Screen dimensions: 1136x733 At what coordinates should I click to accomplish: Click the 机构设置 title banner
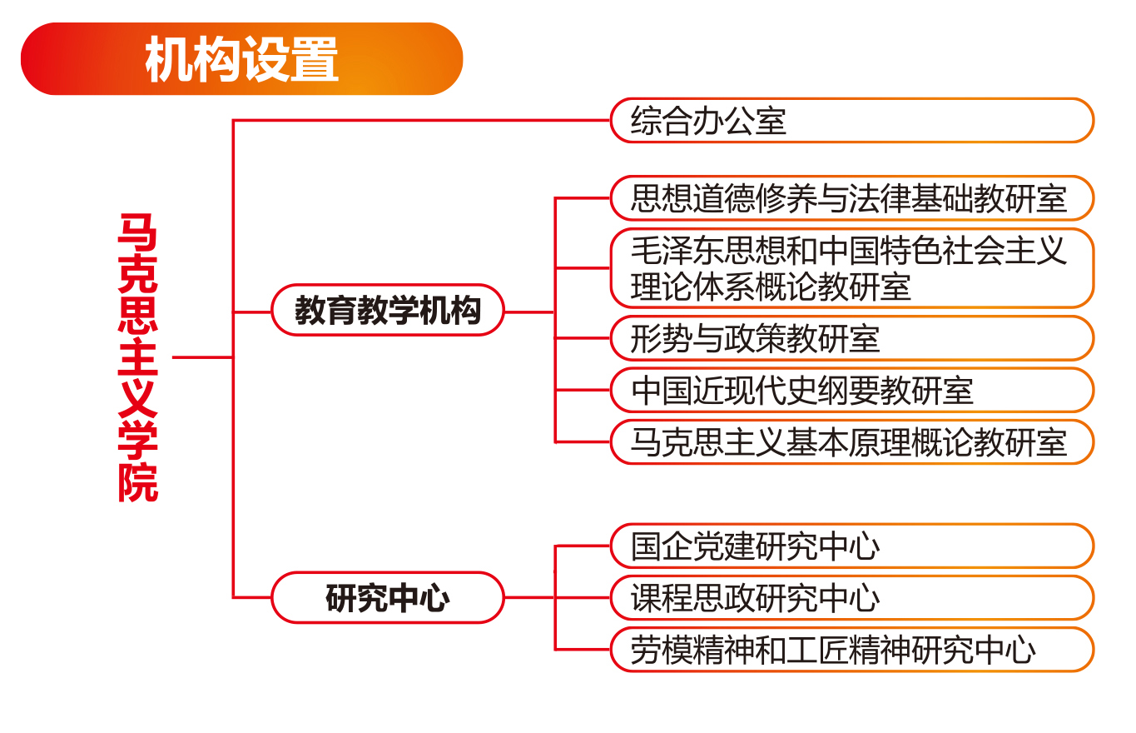tap(241, 59)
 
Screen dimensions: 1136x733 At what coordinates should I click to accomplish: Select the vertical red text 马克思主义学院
tap(138, 357)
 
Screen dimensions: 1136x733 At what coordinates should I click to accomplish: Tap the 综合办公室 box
tap(852, 121)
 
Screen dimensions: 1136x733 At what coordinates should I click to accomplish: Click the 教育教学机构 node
tap(388, 310)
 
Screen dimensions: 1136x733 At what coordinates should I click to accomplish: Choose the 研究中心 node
tap(388, 598)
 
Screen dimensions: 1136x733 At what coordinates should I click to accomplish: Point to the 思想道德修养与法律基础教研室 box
tap(852, 198)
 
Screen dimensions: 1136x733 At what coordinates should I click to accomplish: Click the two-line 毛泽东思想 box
tap(852, 268)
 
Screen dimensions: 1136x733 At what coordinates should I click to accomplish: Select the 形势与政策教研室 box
tap(852, 338)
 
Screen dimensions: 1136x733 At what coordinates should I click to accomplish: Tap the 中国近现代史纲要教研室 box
tap(852, 391)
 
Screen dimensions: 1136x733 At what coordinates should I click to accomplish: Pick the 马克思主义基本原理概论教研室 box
tap(852, 442)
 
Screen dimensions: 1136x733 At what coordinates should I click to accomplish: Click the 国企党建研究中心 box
tap(852, 546)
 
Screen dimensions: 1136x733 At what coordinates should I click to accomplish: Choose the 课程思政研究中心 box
tap(852, 598)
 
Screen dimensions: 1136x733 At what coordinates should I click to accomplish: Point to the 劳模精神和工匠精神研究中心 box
tap(852, 650)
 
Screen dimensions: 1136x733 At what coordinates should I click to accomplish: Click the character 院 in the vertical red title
tap(138, 483)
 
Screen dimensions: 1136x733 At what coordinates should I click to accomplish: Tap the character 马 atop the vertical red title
tap(137, 232)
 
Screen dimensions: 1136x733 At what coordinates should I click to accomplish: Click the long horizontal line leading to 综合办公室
tap(421, 121)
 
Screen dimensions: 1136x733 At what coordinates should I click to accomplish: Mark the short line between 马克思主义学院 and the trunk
tap(202, 357)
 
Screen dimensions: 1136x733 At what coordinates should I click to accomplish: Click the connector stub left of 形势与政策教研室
tap(583, 338)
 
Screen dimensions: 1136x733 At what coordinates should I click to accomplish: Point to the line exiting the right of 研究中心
tap(529, 598)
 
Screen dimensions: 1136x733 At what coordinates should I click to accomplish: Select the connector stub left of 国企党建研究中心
tap(583, 546)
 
